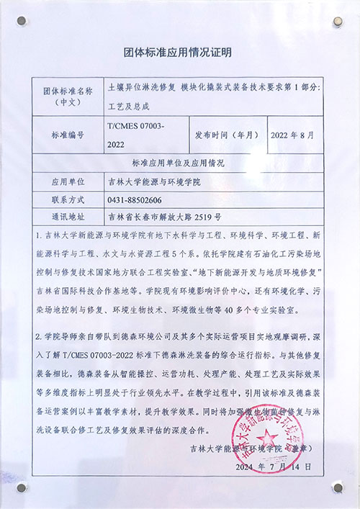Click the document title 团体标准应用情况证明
click(x=178, y=53)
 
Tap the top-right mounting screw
click(x=337, y=24)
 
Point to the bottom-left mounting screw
click(x=22, y=487)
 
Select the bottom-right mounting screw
click(x=337, y=487)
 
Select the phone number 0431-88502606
click(x=135, y=199)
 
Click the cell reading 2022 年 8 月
click(x=294, y=135)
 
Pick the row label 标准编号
click(x=68, y=135)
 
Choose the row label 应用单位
click(x=68, y=182)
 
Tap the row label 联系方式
click(x=68, y=199)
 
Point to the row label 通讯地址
click(x=68, y=216)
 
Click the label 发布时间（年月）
click(x=226, y=135)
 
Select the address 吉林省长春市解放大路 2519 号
click(x=164, y=216)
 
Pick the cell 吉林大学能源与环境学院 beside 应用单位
click(x=153, y=182)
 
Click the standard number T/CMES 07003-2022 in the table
click(x=135, y=135)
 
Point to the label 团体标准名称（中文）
click(x=68, y=97)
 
